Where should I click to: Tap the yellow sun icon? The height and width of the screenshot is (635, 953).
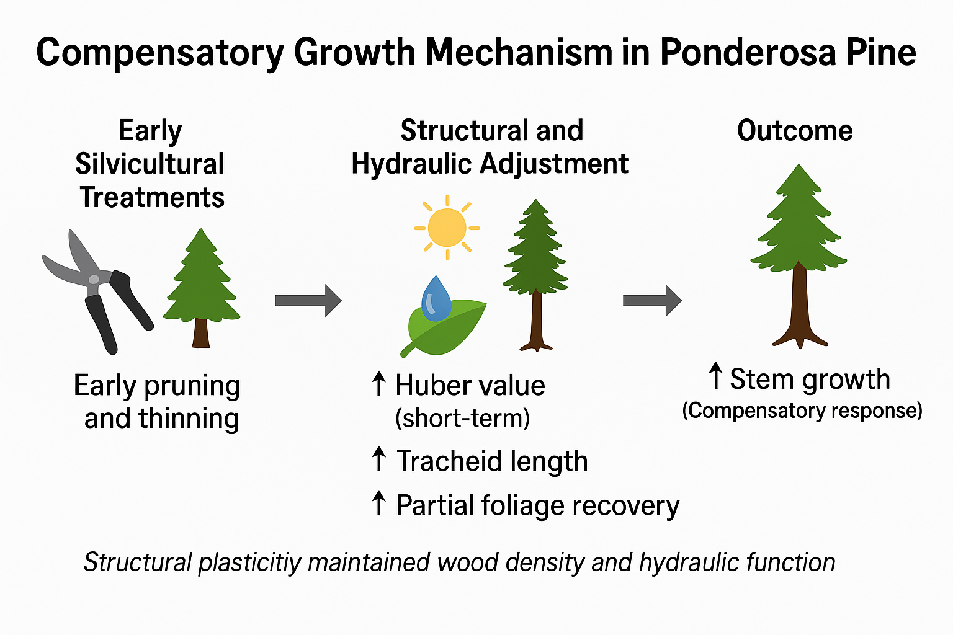447,228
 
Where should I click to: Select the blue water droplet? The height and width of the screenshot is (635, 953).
436,299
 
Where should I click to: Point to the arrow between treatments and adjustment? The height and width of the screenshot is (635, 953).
308,301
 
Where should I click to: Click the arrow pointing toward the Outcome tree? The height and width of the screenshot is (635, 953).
651,301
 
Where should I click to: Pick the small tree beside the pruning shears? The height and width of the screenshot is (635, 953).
201,285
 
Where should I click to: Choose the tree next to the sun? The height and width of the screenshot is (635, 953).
535,273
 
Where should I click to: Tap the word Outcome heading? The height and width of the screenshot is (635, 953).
795,131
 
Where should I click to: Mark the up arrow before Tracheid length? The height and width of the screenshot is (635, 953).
378,460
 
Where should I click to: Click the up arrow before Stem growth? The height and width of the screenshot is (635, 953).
715,377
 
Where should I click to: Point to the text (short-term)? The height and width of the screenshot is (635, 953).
462,419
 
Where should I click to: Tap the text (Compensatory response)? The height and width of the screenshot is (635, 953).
802,411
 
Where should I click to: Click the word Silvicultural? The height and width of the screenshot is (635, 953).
150,164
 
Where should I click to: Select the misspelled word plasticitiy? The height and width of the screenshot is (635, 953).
250,563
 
